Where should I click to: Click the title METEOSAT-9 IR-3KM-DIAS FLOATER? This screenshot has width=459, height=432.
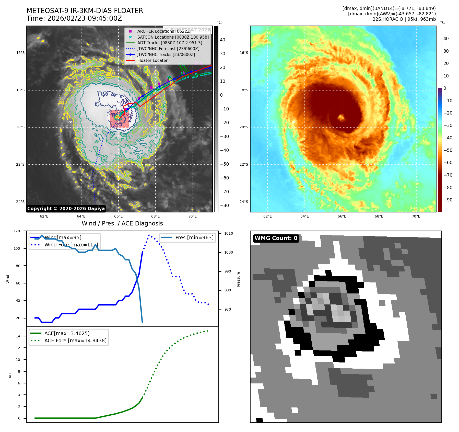[x=85, y=11]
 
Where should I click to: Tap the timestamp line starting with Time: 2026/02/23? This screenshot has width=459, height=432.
[x=74, y=19]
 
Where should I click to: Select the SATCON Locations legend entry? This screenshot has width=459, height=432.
[x=173, y=37]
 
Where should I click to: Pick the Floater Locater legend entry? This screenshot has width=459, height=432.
[x=152, y=61]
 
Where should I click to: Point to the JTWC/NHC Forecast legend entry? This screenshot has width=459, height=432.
[x=168, y=49]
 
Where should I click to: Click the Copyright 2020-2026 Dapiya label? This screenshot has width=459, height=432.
[x=66, y=209]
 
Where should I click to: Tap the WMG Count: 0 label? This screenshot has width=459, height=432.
[x=276, y=238]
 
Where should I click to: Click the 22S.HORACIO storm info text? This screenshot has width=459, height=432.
[x=404, y=19]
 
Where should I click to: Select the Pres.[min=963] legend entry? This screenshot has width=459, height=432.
[x=194, y=237]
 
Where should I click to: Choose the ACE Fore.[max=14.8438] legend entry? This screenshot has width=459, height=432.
[x=75, y=340]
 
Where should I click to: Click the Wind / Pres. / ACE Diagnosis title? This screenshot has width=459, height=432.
[x=122, y=223]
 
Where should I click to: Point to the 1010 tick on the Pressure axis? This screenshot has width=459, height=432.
[x=229, y=233]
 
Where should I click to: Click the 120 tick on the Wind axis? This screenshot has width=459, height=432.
[x=17, y=231]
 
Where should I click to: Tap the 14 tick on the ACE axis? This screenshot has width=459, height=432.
[x=18, y=336]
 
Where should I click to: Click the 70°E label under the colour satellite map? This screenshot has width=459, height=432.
[x=416, y=216]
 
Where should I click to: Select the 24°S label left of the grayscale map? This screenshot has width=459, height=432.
[x=20, y=202]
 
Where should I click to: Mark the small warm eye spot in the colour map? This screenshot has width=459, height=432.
[x=341, y=117]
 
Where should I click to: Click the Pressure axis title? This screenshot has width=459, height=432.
[x=238, y=279]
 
